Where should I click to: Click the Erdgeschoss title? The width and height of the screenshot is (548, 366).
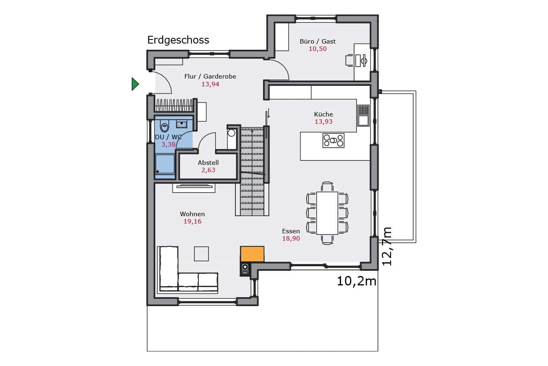[x=178, y=40]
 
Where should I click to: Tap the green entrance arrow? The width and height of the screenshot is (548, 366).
[x=135, y=84]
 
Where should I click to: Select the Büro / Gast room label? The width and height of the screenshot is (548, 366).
[x=317, y=42]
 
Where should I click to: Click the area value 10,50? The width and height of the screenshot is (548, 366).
[x=317, y=49]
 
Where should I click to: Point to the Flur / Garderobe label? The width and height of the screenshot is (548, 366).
[x=210, y=77]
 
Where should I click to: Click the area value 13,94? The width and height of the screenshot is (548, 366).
[x=210, y=84]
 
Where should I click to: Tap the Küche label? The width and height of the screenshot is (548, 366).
[x=324, y=114]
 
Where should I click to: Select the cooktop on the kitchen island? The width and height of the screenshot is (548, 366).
[x=333, y=140]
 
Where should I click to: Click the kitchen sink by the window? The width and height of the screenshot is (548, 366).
[x=363, y=116]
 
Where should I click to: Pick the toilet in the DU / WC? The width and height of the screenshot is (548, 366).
[x=164, y=127]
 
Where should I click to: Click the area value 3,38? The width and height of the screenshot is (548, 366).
[x=168, y=145]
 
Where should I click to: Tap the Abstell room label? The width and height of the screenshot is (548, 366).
[x=208, y=163]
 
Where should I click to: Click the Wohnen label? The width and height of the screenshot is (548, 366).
[x=192, y=214]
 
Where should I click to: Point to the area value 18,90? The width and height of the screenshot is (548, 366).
[x=291, y=239]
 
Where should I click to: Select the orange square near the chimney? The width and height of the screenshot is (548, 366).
[x=252, y=254]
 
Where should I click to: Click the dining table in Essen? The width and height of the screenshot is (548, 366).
[x=327, y=213]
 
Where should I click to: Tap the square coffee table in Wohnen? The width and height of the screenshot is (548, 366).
[x=201, y=254]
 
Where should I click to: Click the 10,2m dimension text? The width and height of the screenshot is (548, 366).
[x=357, y=281]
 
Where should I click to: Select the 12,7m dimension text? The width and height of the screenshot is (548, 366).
[x=387, y=246]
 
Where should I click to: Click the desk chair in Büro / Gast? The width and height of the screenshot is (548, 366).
[x=349, y=61]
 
